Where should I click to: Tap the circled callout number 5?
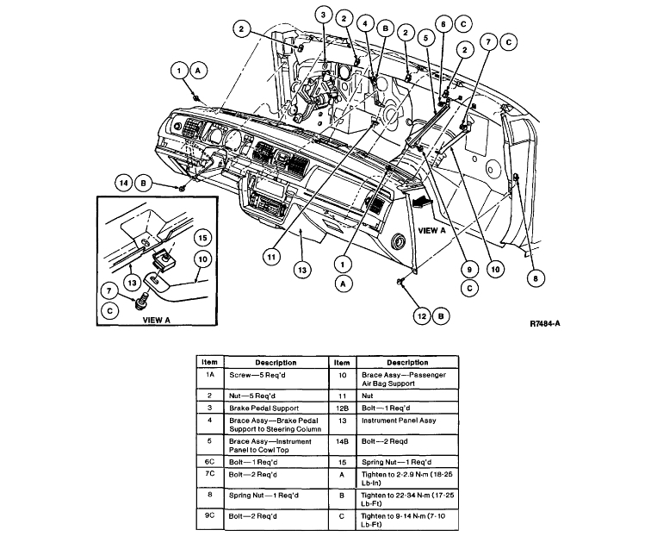(x=424, y=38)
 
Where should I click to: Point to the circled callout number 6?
(x=444, y=24)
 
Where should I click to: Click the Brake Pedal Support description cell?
(x=276, y=406)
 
